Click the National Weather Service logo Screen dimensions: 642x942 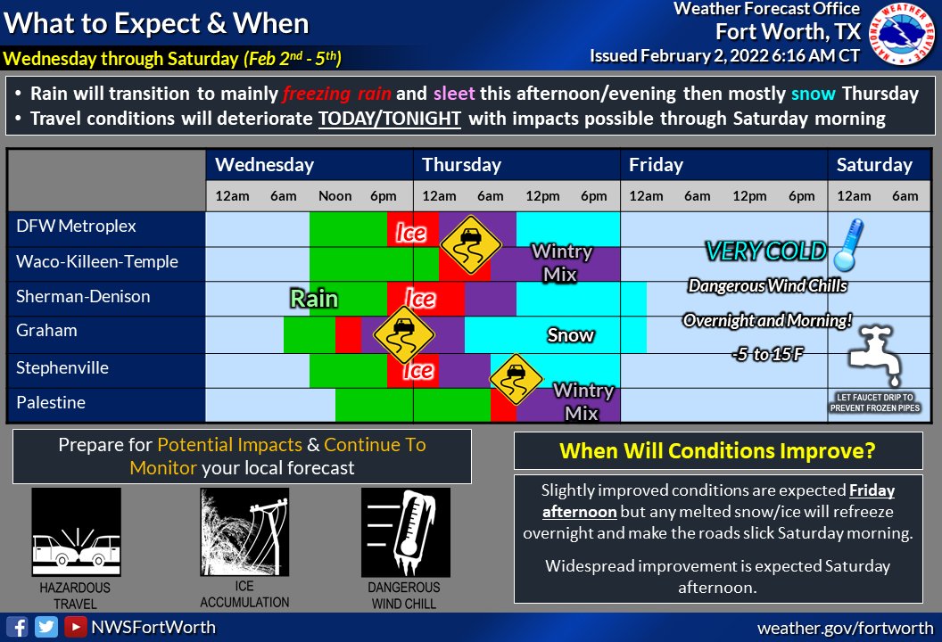click(x=902, y=37)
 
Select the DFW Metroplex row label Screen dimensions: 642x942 click(x=76, y=226)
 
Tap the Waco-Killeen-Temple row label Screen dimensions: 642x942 click(x=96, y=262)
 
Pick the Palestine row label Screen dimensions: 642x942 click(x=51, y=403)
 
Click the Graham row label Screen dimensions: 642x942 click(x=46, y=331)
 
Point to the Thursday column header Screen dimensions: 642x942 click(x=461, y=165)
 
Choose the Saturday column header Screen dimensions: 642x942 click(x=874, y=165)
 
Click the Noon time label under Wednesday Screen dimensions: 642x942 click(x=335, y=196)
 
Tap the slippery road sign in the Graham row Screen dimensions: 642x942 click(x=403, y=333)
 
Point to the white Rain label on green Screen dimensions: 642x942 click(x=314, y=298)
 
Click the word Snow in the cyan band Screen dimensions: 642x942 click(x=570, y=335)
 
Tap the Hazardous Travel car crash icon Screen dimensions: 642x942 click(x=76, y=532)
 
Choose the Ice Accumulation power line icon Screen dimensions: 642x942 click(x=244, y=532)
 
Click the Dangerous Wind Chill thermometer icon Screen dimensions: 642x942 click(x=405, y=532)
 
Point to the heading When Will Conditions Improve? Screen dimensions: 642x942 click(x=717, y=451)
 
